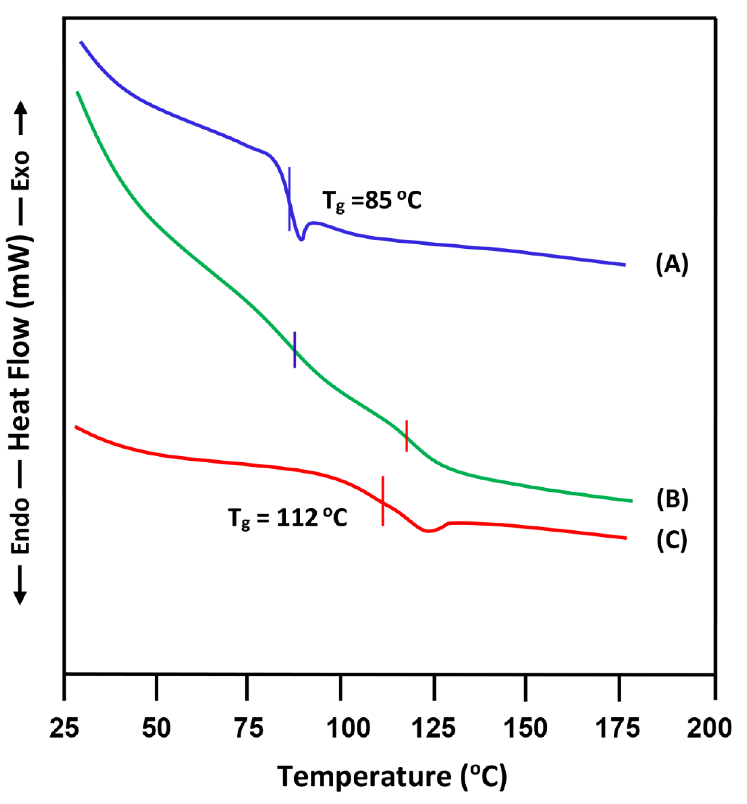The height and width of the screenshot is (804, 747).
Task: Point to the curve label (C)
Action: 672,540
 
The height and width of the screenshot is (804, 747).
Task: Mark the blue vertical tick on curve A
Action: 289,199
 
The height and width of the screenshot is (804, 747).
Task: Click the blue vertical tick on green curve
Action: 295,350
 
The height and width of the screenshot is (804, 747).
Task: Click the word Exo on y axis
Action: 20,170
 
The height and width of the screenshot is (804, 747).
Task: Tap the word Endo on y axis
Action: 20,525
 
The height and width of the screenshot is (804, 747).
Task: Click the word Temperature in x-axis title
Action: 364,777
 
